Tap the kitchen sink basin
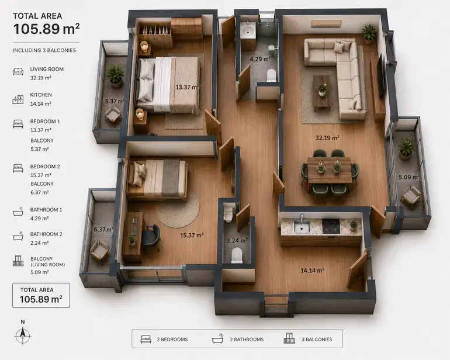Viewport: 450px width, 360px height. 302,226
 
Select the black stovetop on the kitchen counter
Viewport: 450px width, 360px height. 331,226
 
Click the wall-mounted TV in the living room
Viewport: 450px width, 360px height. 380,76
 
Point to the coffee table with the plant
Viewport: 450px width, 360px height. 321,93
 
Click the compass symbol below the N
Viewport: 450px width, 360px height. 23,335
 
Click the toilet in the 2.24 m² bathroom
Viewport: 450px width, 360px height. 237,255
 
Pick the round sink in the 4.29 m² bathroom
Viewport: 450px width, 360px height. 248,29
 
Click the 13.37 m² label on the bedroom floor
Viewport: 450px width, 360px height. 187,87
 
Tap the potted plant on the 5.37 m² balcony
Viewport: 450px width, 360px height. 115,76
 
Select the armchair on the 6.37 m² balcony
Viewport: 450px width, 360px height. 99,252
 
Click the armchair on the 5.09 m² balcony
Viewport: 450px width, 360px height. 411,196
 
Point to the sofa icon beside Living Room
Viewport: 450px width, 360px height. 18,71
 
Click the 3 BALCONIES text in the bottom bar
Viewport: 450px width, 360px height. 317,340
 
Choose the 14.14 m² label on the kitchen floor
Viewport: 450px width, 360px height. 312,271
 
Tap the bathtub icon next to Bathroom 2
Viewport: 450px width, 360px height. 18,237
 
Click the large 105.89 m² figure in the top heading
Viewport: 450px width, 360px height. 46,29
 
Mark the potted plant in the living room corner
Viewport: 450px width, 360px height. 369,34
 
